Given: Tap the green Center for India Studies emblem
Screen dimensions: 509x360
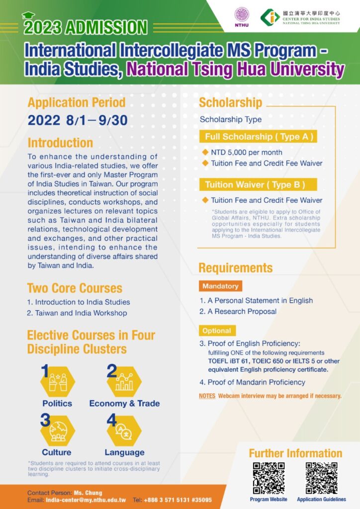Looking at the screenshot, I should click(x=270, y=17).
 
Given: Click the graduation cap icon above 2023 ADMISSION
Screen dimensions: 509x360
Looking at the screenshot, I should click(x=28, y=15).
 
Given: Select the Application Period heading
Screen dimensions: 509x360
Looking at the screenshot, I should click(x=76, y=103).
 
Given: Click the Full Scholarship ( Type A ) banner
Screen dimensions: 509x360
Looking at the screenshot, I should click(x=259, y=137).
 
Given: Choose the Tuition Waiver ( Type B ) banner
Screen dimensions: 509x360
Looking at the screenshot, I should click(x=254, y=185).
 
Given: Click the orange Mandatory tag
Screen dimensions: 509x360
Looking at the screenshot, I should click(x=220, y=286).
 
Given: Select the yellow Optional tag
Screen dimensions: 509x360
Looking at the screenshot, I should click(x=217, y=331).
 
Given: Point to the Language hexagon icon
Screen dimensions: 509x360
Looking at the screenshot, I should click(x=124, y=430).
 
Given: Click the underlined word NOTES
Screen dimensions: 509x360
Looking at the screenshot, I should click(x=207, y=396).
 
